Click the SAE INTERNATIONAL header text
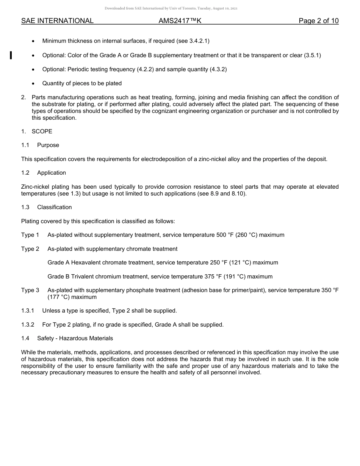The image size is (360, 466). [57, 21]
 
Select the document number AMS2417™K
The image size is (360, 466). [180, 21]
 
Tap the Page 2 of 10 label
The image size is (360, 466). [318, 21]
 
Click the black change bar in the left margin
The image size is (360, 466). [11, 55]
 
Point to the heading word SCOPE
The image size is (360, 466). [42, 131]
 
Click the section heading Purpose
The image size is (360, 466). [48, 145]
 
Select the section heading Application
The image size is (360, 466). [52, 173]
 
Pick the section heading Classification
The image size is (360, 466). [54, 207]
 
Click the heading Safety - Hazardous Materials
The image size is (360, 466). [75, 338]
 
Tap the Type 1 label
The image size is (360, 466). [30, 235]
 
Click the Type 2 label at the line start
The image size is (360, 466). [30, 249]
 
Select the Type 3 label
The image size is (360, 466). [30, 290]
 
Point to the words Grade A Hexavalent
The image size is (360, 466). [72, 263]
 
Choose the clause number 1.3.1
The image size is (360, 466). [28, 311]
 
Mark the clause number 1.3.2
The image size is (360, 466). [28, 325]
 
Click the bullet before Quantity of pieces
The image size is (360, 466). [34, 83]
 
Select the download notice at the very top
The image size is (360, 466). [171, 8]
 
